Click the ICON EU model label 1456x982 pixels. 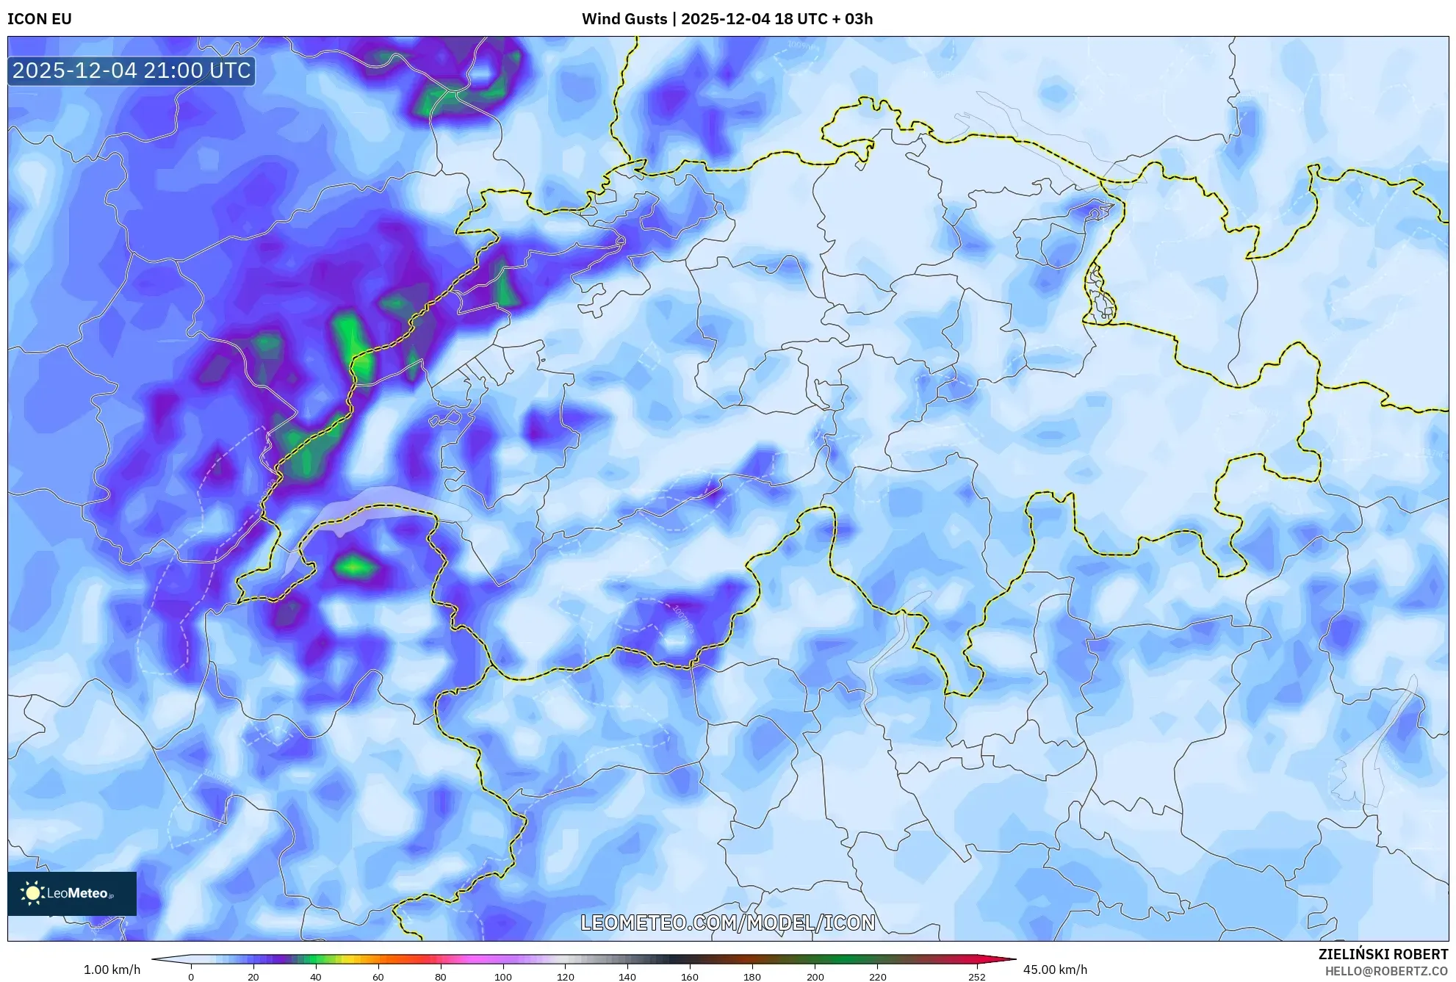click(40, 19)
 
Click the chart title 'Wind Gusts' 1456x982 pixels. click(624, 19)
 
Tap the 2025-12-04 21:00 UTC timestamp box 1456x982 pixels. click(131, 71)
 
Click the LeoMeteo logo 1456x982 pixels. click(72, 893)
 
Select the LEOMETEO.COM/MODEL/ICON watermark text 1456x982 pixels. click(728, 923)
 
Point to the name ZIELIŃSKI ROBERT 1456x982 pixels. click(1383, 954)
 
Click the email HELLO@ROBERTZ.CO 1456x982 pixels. click(1386, 971)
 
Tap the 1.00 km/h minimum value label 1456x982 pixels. click(112, 970)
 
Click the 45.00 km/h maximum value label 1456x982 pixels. click(1055, 970)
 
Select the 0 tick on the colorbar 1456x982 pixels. click(191, 977)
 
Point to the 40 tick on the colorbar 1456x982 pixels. click(316, 977)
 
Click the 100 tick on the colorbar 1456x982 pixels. click(503, 977)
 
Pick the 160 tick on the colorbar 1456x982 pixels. click(690, 977)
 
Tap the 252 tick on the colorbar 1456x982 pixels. click(977, 977)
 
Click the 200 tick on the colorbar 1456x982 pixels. click(815, 977)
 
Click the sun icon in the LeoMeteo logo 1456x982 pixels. click(32, 893)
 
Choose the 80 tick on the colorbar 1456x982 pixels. click(441, 977)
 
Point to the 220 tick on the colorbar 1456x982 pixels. click(877, 977)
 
